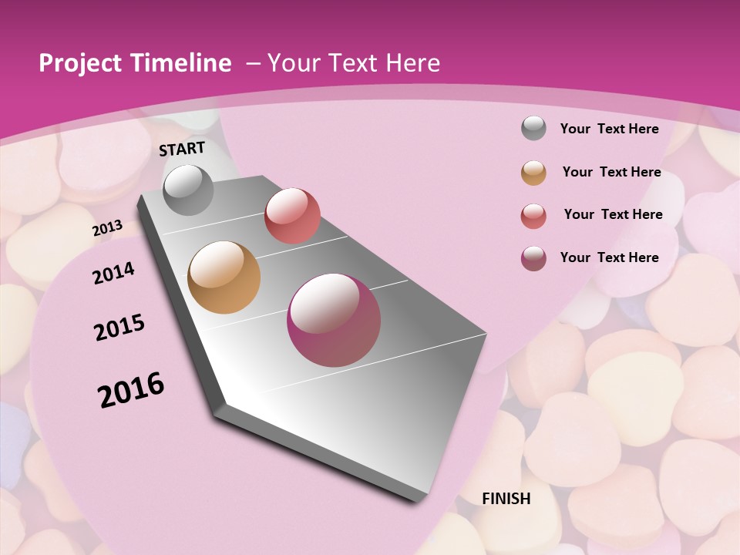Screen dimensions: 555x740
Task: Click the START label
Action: click(x=182, y=149)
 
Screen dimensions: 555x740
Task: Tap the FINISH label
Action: click(x=506, y=499)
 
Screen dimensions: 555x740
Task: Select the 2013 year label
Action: click(x=107, y=228)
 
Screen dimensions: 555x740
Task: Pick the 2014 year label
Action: click(x=113, y=273)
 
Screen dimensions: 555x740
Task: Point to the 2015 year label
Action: click(x=119, y=328)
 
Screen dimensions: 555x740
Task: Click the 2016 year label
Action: click(x=131, y=389)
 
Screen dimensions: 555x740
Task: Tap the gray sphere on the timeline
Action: click(x=189, y=190)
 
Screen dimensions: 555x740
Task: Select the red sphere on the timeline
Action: click(x=292, y=215)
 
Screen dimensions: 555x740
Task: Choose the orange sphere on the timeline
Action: click(x=224, y=277)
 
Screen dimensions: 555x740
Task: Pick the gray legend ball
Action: click(x=533, y=128)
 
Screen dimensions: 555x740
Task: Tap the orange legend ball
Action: click(x=533, y=173)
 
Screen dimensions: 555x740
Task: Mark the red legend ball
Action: click(x=533, y=216)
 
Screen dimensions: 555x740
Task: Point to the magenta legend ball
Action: click(x=533, y=258)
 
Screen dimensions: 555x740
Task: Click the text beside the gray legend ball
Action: click(x=609, y=129)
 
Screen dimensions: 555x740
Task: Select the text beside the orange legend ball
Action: click(x=611, y=172)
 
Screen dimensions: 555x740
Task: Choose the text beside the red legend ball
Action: click(x=613, y=214)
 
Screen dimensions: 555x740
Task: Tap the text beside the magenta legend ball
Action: click(x=609, y=257)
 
